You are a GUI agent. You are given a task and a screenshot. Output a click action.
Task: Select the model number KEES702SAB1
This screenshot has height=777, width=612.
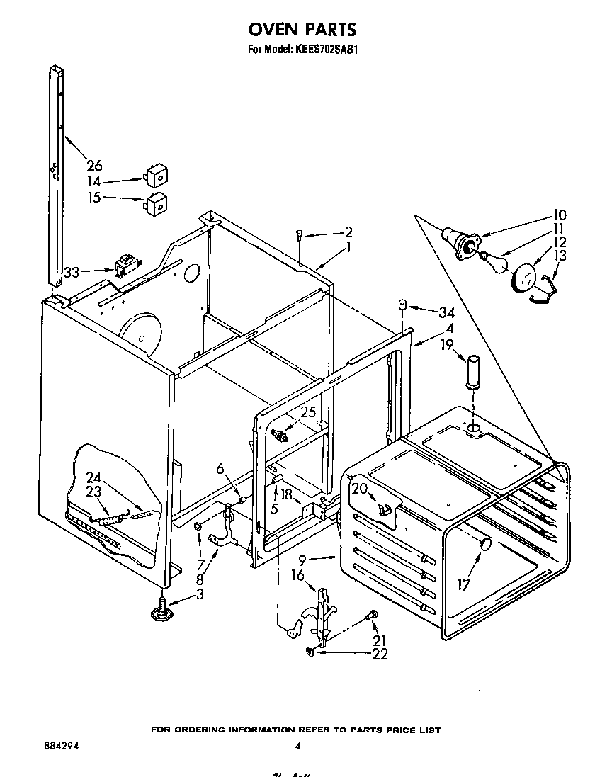(327, 50)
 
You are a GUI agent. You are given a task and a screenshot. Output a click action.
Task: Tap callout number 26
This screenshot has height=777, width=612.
(93, 166)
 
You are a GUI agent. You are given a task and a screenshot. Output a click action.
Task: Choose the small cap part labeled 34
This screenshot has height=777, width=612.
(402, 304)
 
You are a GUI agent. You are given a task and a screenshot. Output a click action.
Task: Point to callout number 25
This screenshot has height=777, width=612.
(307, 412)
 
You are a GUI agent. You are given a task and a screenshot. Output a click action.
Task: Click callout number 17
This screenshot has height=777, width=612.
(463, 585)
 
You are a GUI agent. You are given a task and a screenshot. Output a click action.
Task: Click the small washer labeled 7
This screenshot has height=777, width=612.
(199, 526)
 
